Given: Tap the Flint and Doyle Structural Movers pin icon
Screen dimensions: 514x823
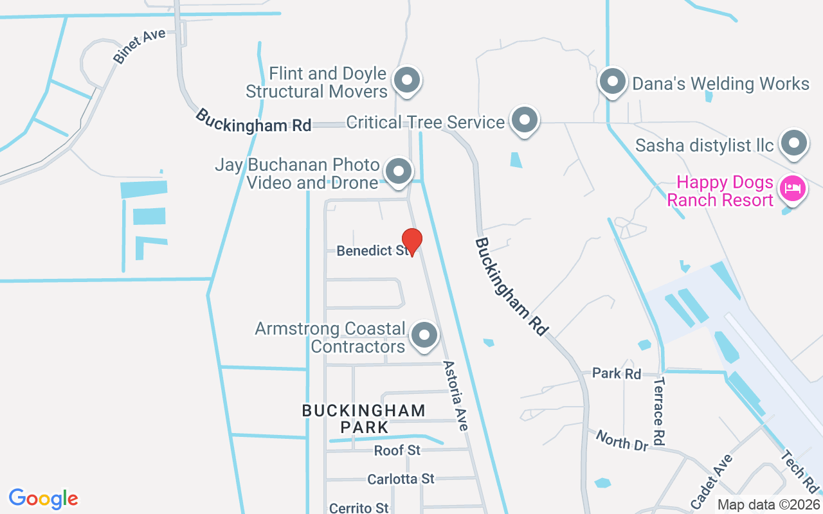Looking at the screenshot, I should (x=406, y=81).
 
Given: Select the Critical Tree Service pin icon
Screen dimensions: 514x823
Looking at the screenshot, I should (x=525, y=120).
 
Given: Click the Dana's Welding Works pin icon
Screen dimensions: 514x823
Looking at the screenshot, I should (x=612, y=82).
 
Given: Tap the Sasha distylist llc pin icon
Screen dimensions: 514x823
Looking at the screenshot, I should (x=793, y=143).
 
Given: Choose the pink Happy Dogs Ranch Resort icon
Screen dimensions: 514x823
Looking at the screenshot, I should (x=792, y=189).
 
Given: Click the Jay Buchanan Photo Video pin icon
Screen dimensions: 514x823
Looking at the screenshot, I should (x=398, y=172).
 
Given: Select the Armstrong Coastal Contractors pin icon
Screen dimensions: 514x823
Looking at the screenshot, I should (x=424, y=335).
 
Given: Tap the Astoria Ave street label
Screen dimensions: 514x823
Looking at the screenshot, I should (x=455, y=394).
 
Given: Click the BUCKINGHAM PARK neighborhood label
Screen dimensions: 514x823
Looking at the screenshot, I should (x=364, y=418).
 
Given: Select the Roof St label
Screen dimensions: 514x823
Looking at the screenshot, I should (x=397, y=450).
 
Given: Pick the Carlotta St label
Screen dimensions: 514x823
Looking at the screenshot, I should (x=401, y=479).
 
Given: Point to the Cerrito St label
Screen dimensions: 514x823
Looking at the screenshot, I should (x=359, y=508).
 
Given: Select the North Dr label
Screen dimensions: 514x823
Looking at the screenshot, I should (x=622, y=441).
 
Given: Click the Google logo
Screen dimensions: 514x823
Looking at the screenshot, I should (x=43, y=499).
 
